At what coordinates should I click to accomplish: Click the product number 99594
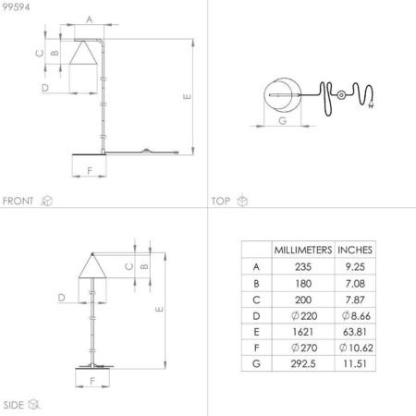14,7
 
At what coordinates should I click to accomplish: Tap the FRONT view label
18,201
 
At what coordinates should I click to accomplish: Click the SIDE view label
14,404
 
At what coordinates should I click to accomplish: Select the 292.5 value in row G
303,365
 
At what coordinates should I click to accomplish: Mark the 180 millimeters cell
303,284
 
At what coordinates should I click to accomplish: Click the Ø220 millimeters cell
303,315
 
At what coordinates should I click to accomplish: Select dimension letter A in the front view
89,18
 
